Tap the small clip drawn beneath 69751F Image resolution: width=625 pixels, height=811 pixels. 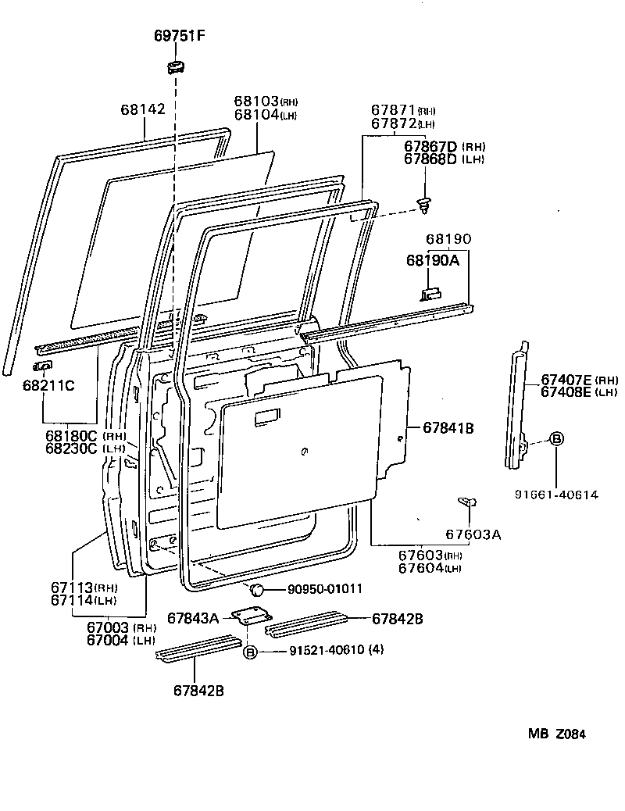pyautogui.click(x=176, y=66)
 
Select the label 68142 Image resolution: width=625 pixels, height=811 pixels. pyautogui.click(x=143, y=110)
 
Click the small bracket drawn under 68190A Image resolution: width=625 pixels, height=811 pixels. pyautogui.click(x=430, y=293)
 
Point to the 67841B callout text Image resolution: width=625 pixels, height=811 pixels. pyautogui.click(x=449, y=428)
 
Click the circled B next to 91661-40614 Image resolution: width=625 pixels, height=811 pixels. pyautogui.click(x=555, y=439)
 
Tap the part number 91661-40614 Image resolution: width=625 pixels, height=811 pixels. pyautogui.click(x=555, y=495)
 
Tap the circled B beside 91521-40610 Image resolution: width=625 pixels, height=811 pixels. pyautogui.click(x=249, y=652)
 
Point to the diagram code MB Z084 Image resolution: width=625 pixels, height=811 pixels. pyautogui.click(x=555, y=734)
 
